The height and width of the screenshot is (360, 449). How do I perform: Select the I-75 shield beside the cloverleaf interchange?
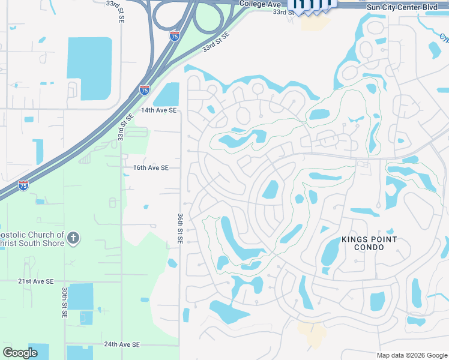[175, 37]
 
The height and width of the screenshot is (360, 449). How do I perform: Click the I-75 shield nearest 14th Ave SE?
[145, 90]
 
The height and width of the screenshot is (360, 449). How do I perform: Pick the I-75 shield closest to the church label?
[23, 185]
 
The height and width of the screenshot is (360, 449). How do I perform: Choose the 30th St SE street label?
[64, 302]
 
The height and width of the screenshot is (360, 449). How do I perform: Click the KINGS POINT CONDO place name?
[369, 244]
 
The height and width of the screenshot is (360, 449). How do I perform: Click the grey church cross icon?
[73, 239]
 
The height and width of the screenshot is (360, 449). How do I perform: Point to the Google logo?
[20, 353]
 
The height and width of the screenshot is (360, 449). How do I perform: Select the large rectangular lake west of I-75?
[89, 68]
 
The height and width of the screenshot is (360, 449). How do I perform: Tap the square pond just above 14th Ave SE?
[166, 94]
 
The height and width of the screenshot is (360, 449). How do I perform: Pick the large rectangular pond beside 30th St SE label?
[80, 296]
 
